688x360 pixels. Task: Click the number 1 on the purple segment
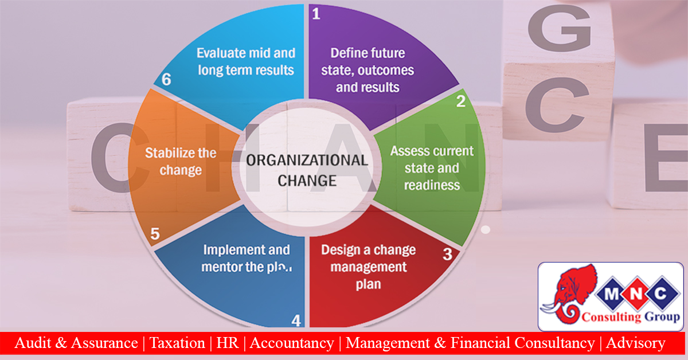pos(316,14)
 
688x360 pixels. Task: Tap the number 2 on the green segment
pos(461,101)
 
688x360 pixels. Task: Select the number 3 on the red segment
pos(448,255)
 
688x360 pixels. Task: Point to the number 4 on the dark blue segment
pos(296,320)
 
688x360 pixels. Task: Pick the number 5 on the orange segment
pos(155,234)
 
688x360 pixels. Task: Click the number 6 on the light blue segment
pos(166,80)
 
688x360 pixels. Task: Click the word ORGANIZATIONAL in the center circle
pos(307,161)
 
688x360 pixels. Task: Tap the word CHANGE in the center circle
pos(307,181)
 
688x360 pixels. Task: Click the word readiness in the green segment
pos(432,185)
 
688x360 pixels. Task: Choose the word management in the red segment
pos(369,267)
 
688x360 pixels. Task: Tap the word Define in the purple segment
pos(345,53)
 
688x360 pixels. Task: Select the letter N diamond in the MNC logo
pos(636,294)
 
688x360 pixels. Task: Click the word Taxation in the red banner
pos(177,343)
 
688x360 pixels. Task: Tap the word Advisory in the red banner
pos(635,343)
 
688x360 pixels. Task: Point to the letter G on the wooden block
pos(560,28)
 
